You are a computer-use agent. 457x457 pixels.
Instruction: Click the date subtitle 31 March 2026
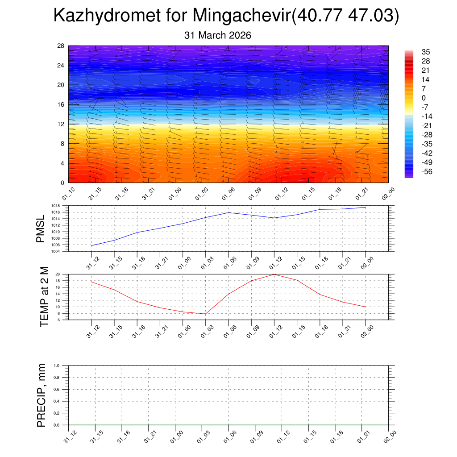click(218, 35)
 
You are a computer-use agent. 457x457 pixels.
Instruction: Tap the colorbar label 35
click(425, 52)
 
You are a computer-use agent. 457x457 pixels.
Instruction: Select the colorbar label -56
click(427, 171)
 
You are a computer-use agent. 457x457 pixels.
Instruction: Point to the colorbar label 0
click(424, 98)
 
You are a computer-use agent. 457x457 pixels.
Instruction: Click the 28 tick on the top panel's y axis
click(61, 46)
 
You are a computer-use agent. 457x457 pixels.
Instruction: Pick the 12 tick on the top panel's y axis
click(61, 124)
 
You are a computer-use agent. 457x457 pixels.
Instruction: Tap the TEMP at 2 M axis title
click(44, 297)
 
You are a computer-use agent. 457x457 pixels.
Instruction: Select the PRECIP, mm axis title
click(42, 395)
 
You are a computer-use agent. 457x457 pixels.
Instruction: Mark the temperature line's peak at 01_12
click(274, 274)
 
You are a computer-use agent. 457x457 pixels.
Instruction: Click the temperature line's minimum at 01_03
click(205, 314)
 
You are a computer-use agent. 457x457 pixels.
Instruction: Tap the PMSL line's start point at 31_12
click(91, 246)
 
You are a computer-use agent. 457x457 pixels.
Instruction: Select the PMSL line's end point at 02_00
click(366, 208)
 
